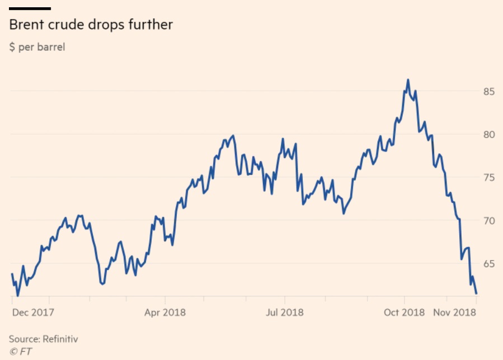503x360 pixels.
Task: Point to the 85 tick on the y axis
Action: pos(490,91)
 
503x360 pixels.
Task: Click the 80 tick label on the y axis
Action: pos(490,134)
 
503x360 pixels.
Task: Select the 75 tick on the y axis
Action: pos(490,177)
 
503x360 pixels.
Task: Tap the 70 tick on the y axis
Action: pos(490,220)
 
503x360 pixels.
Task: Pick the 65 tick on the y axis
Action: pos(490,263)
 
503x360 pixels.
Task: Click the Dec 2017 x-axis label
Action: pos(33,312)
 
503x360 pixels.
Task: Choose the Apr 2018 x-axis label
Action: pos(165,312)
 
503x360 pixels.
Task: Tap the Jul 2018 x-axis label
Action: pos(284,312)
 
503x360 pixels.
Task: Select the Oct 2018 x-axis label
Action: pos(405,312)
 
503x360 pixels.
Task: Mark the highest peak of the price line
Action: pos(408,80)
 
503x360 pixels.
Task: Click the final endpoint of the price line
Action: pos(476,293)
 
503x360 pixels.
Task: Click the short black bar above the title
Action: pos(30,8)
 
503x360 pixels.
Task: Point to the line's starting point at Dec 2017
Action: pos(12,274)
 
